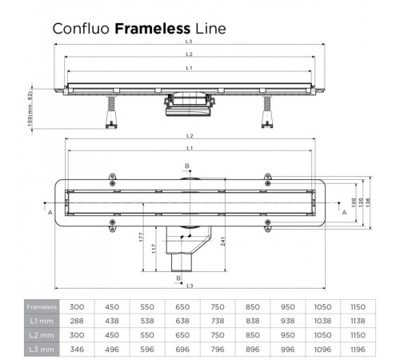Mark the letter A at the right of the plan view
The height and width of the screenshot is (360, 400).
pos(345,214)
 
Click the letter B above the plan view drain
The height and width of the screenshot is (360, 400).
pos(187,166)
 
